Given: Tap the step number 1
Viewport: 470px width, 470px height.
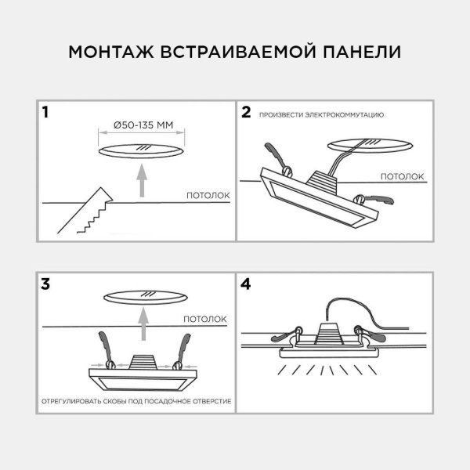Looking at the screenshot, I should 46,112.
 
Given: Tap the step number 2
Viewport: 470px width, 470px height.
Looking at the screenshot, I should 246,112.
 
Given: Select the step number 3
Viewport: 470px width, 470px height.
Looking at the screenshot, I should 46,284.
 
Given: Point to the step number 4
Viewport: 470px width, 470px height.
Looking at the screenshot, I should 246,284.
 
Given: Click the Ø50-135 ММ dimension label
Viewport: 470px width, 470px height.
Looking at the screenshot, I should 142,125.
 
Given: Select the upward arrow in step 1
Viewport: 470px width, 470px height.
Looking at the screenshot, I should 142,179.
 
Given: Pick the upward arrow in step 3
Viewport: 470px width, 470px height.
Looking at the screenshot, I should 142,322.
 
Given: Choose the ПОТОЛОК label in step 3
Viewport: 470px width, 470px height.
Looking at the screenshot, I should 204,319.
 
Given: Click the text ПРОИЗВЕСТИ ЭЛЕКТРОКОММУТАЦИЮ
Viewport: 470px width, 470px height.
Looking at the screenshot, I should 321,115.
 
